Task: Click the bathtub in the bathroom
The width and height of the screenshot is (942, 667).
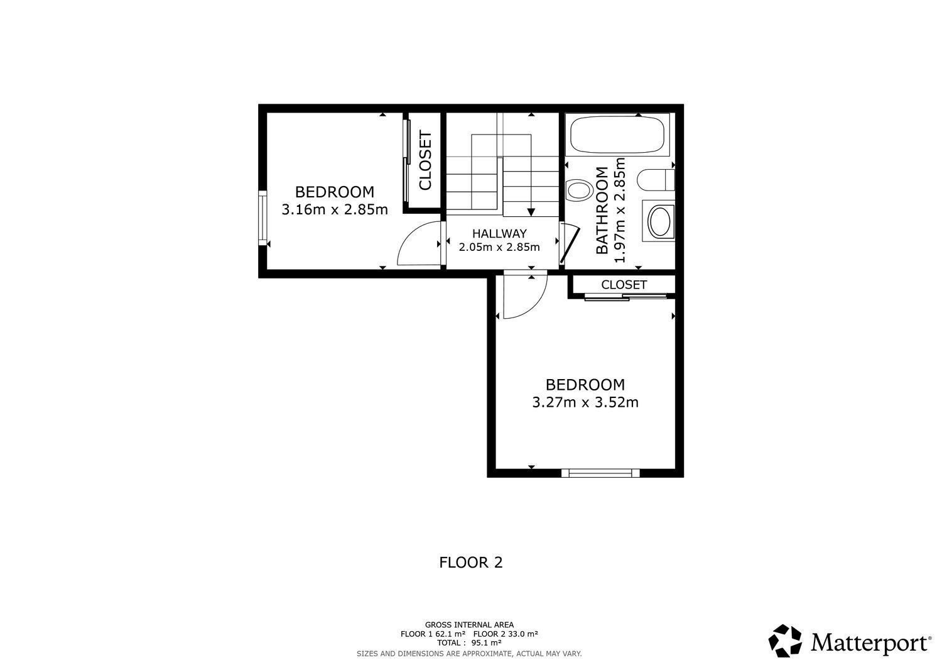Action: (617, 135)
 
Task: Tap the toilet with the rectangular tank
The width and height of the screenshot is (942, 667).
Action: (656, 180)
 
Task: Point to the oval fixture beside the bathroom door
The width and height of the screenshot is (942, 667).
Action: (579, 189)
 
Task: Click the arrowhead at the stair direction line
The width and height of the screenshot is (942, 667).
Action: (531, 212)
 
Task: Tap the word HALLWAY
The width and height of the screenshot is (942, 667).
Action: (499, 234)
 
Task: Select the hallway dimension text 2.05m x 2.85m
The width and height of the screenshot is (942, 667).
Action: (499, 247)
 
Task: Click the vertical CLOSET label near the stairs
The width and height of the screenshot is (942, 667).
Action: (425, 161)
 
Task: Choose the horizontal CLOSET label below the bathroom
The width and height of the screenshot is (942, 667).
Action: (624, 285)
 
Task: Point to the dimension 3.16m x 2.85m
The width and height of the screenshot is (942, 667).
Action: (334, 209)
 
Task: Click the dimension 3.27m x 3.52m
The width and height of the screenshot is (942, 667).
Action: (585, 402)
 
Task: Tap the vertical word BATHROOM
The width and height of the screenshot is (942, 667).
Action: (602, 211)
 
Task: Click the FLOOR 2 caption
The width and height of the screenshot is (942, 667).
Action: (470, 562)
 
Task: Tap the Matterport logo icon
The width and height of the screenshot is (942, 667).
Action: (786, 641)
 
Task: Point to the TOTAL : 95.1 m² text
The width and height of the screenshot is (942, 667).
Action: (469, 643)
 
